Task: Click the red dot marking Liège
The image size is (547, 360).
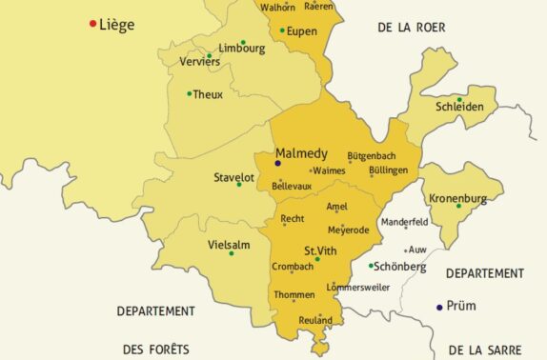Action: pos(92,24)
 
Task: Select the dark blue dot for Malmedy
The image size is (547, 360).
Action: pos(277,163)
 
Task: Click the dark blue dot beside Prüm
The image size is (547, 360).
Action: pos(439,307)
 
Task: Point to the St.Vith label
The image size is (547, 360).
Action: pos(321,250)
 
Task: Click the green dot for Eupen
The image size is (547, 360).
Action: pos(282,30)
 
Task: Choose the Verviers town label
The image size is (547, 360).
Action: pos(200,62)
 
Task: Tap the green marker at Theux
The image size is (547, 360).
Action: pos(190,93)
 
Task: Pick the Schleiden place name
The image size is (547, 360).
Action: pos(459,108)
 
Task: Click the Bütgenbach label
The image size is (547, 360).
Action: pos(372,154)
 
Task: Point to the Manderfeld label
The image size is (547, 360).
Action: pos(405,221)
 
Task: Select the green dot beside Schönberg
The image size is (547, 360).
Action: pos(371,267)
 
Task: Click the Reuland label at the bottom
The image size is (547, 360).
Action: pos(315,320)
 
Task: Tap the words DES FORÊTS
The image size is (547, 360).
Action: pos(155,349)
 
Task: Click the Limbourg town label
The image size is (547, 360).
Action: pos(241,48)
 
